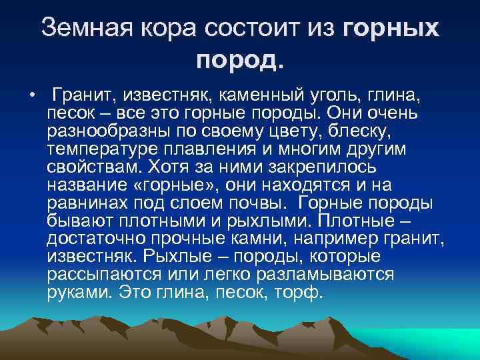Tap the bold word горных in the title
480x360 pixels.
tap(391, 28)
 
